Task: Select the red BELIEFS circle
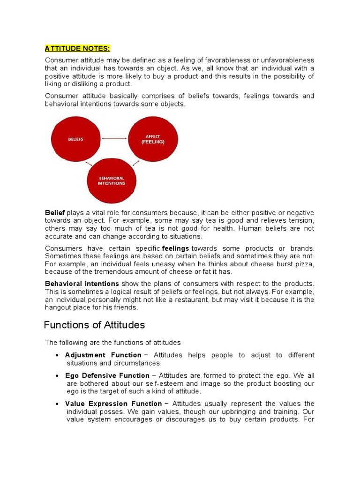click(x=76, y=139)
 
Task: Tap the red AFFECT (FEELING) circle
click(x=153, y=139)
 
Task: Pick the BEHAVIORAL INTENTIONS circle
click(x=112, y=180)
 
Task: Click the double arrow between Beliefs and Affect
click(x=114, y=138)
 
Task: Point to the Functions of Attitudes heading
click(x=94, y=325)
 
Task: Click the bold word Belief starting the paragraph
click(x=55, y=213)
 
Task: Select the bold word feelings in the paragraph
click(x=176, y=248)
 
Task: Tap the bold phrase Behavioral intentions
click(x=82, y=284)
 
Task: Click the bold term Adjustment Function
click(x=103, y=355)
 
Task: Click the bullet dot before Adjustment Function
click(x=57, y=355)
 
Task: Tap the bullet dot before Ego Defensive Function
click(x=57, y=376)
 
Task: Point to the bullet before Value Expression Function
click(x=57, y=404)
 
